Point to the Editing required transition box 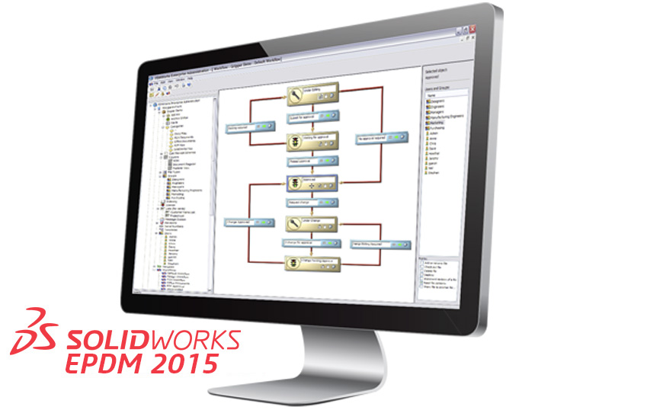[x=251, y=127]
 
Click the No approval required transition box [x=378, y=139]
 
